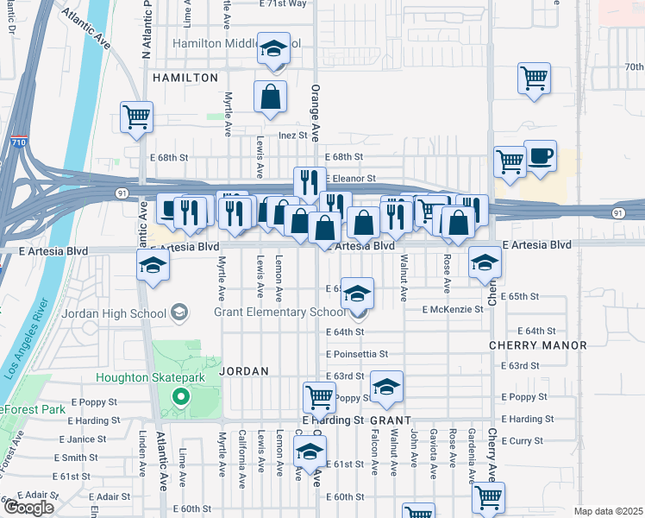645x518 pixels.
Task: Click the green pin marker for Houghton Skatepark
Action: pos(180,397)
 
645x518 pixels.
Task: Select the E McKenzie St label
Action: pos(452,309)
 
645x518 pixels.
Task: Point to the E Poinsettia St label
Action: pos(358,354)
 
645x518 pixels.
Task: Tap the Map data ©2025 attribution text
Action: pos(608,511)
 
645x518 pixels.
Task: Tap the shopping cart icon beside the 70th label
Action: pos(534,79)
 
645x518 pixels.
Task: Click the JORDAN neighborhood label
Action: pos(244,370)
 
